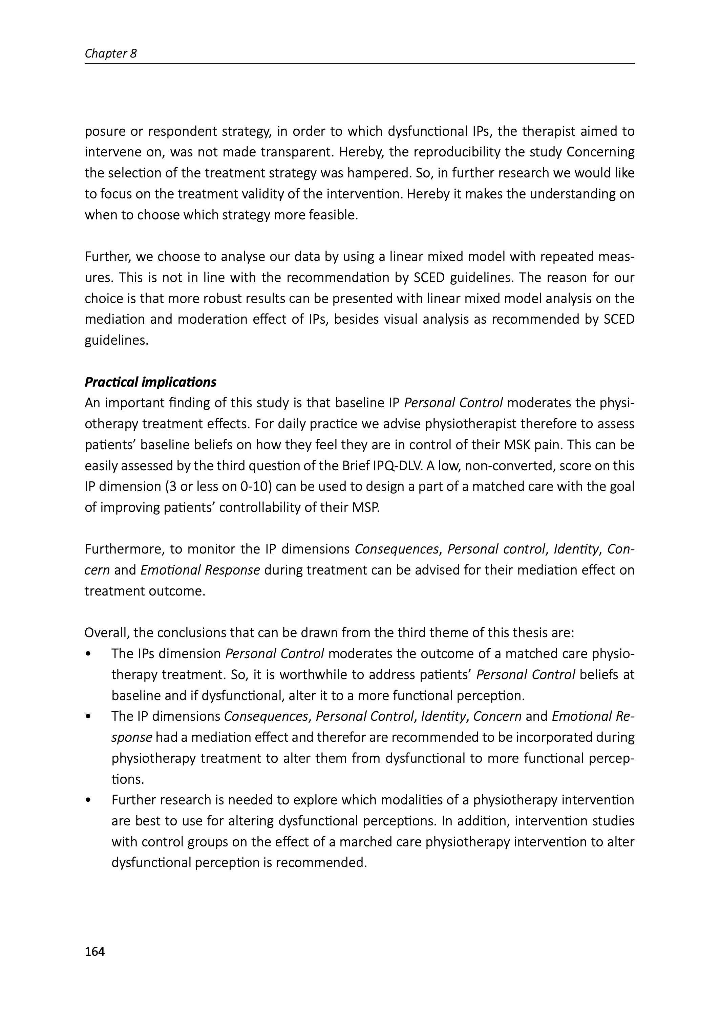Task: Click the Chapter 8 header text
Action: click(x=110, y=53)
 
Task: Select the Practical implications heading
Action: click(x=150, y=382)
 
